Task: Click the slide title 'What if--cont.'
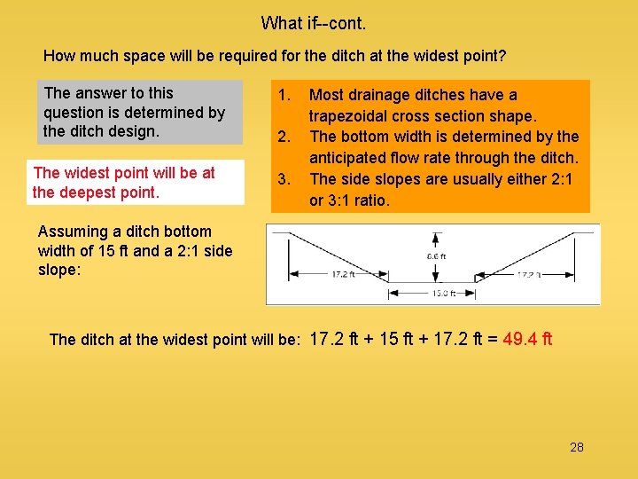(x=313, y=22)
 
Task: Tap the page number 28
(x=577, y=447)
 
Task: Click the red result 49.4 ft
(x=527, y=338)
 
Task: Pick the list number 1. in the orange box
(x=284, y=95)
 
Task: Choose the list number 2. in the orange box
(x=284, y=137)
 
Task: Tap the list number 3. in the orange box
(x=284, y=179)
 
